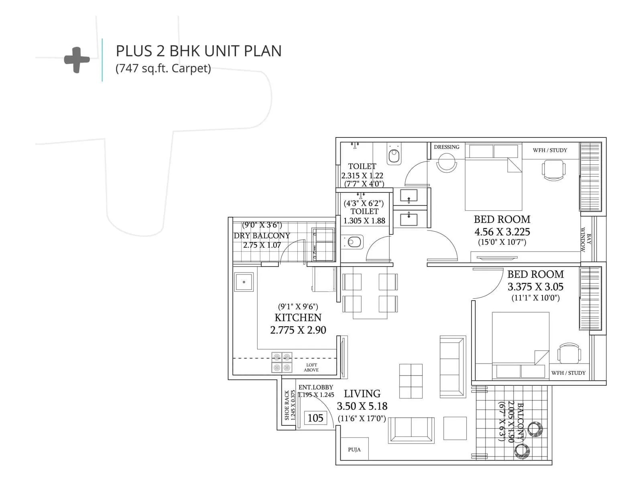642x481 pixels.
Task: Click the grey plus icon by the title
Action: (77, 60)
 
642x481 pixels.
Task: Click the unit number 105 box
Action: (315, 418)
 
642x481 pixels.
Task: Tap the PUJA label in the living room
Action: (354, 450)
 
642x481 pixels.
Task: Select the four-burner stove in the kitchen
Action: (282, 362)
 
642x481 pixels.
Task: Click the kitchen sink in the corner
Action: (244, 282)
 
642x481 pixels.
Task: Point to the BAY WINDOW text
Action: (586, 240)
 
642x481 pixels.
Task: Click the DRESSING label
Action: (446, 147)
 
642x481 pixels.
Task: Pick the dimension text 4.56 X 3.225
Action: (502, 232)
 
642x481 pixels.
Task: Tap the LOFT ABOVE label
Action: (311, 368)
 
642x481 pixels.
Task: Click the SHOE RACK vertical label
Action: (287, 405)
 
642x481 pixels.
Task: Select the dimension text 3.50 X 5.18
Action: (362, 406)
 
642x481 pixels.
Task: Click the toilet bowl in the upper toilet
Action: (394, 155)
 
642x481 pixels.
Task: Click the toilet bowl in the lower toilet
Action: (354, 242)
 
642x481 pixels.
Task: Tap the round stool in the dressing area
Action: (447, 163)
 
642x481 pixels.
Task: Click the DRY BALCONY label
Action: (262, 236)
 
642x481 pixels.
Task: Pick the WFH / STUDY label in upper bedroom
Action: (550, 150)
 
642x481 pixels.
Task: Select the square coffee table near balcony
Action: (455, 428)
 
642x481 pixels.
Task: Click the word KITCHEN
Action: (298, 317)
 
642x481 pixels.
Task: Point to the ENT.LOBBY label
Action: (316, 387)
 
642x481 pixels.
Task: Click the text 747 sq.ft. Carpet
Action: (163, 69)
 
